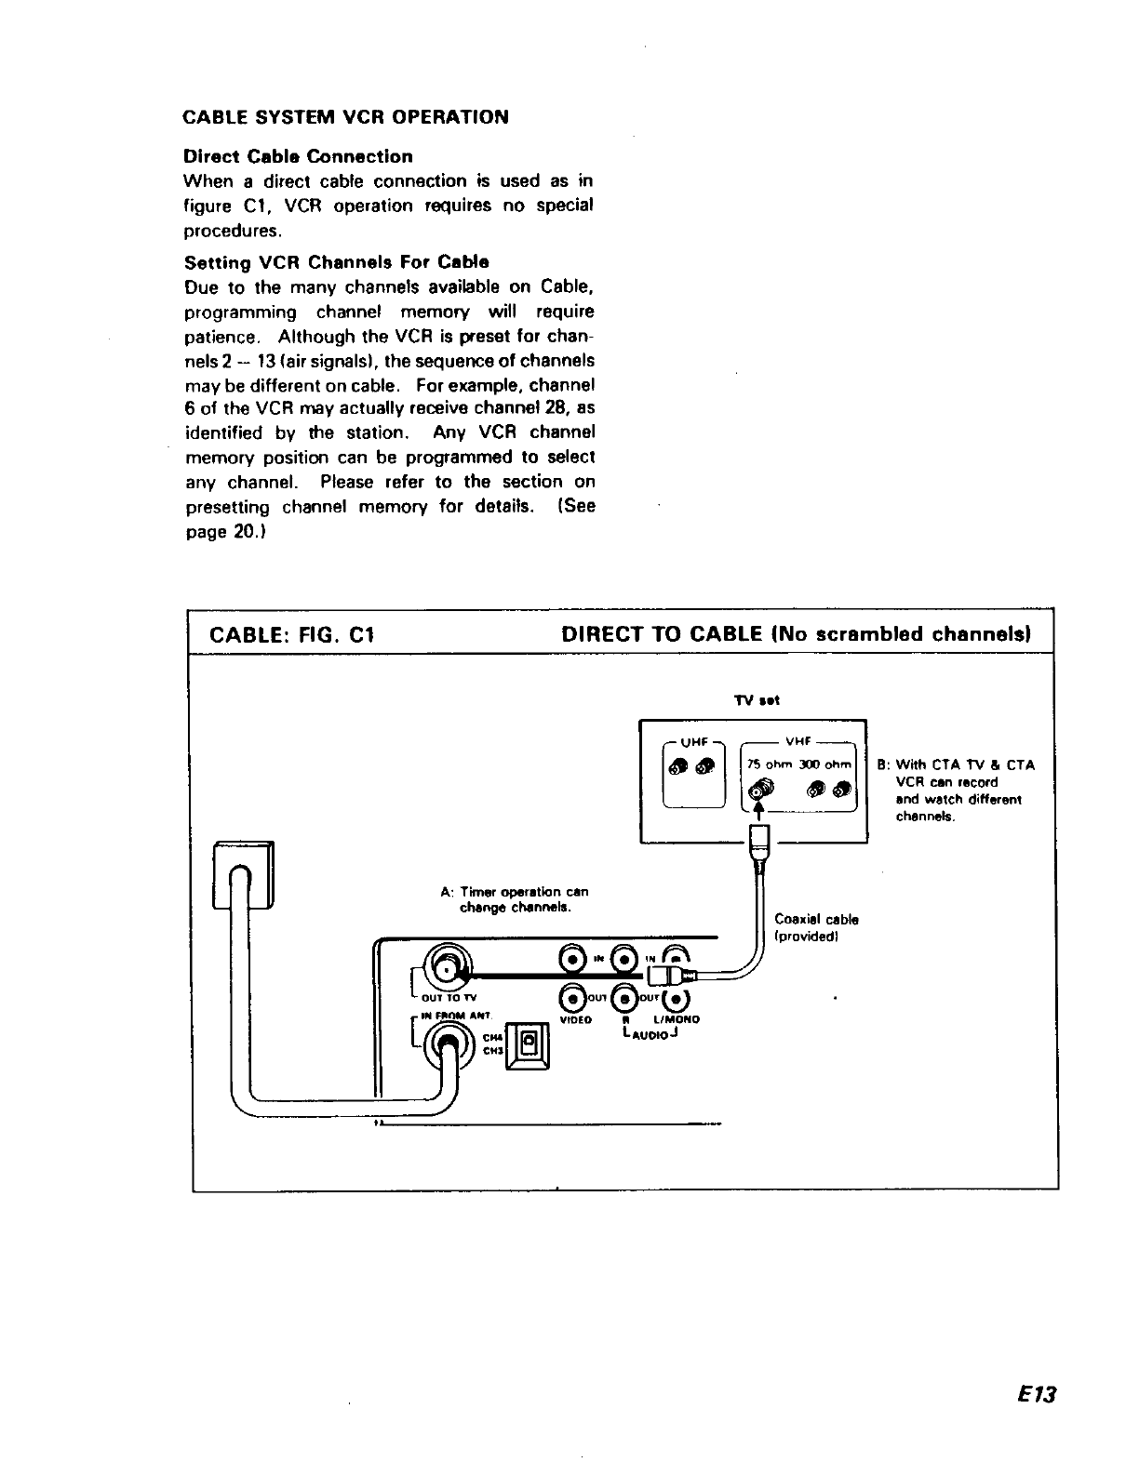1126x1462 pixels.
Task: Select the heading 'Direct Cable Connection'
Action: coord(298,156)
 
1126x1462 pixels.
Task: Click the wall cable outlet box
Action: coord(244,874)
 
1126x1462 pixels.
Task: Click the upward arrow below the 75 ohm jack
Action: coord(760,811)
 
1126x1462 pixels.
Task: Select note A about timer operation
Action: coord(514,899)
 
